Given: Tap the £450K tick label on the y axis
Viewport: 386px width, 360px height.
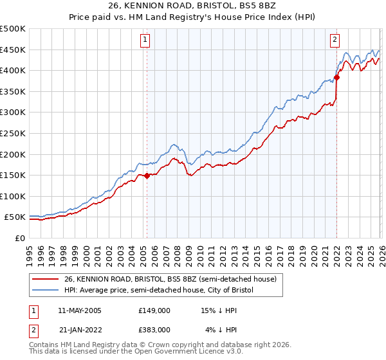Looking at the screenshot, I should (13, 50).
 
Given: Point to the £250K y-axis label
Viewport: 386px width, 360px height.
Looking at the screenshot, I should (13, 133).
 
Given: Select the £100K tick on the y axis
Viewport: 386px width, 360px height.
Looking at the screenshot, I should (13, 196).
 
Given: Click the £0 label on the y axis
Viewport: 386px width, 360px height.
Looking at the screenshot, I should (19, 238).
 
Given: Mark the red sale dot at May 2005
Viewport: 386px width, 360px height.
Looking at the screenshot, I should (147, 175).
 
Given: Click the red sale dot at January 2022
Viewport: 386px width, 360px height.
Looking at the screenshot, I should (336, 78).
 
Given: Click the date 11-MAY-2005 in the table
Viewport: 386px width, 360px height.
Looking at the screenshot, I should (80, 310).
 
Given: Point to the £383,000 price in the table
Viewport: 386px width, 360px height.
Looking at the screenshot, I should (154, 329).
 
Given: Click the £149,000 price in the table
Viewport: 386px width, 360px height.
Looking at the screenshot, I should (154, 310).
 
